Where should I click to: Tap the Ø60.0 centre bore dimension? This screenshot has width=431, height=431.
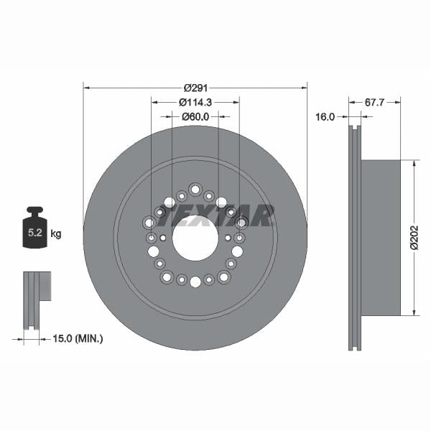click(195, 116)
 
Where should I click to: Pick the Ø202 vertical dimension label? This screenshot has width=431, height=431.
click(414, 237)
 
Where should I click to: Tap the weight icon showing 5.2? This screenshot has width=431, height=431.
click(34, 231)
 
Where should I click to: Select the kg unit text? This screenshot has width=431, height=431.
click(56, 234)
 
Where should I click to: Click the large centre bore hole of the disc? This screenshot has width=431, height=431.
click(195, 237)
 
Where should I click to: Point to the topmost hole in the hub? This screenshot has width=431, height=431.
click(195, 189)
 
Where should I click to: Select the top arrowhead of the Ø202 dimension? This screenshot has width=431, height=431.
click(414, 163)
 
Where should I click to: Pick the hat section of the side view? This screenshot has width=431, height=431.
click(380, 237)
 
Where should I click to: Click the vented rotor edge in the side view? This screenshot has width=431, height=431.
click(354, 237)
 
